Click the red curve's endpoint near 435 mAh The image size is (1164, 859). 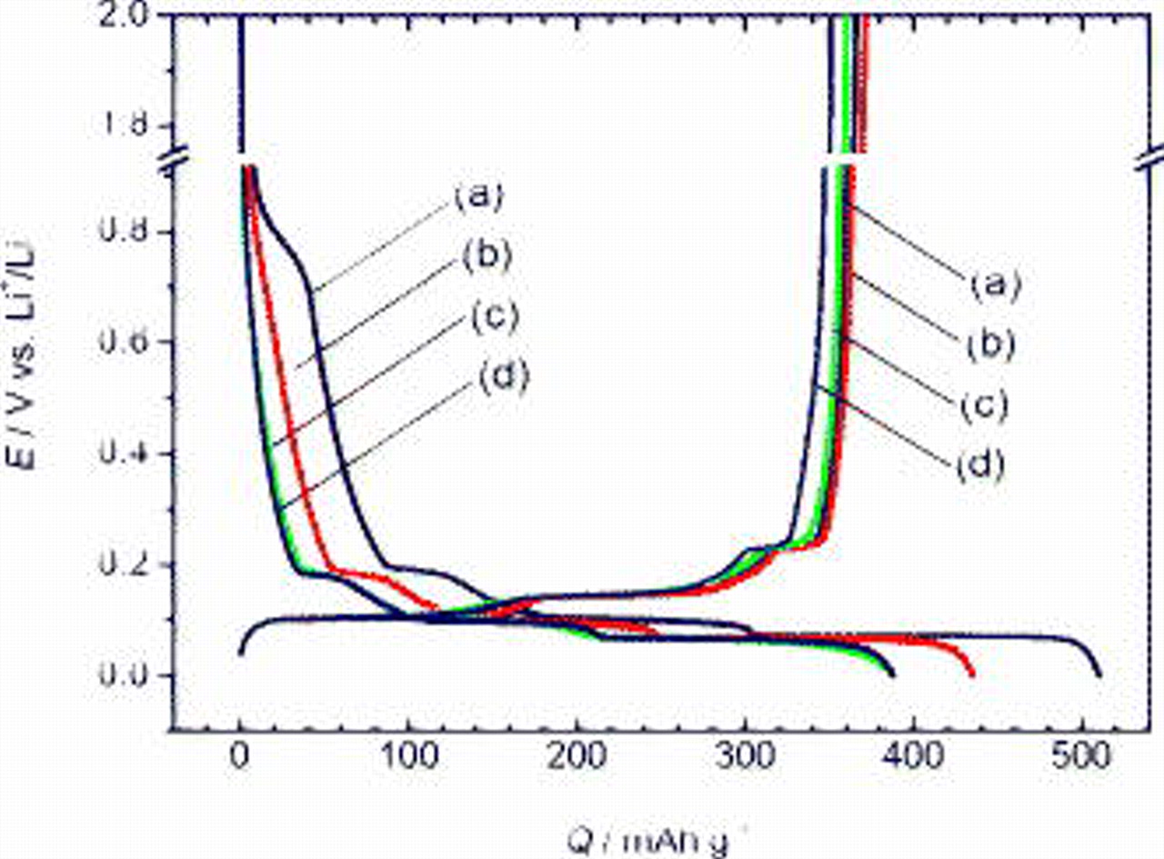point(973,674)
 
